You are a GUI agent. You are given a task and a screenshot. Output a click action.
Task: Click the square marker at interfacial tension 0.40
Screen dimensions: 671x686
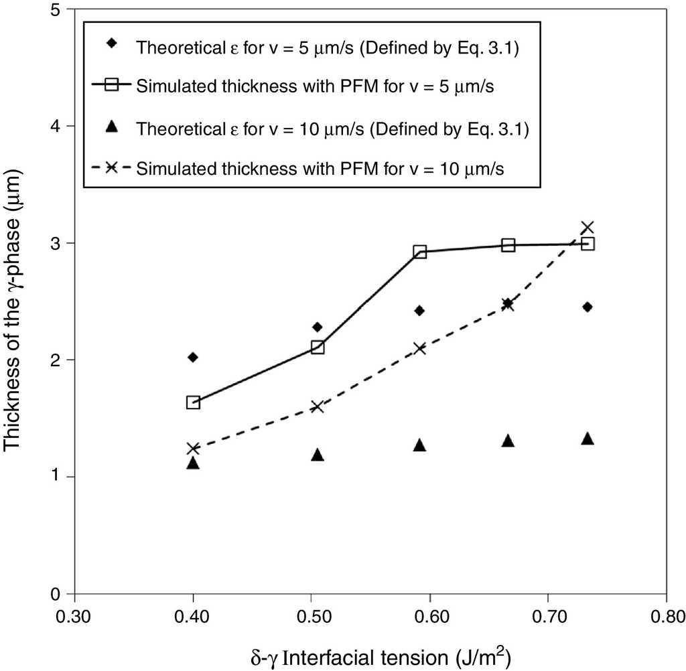pos(193,402)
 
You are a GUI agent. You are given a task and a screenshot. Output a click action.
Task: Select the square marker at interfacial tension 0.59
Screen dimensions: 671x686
pos(420,252)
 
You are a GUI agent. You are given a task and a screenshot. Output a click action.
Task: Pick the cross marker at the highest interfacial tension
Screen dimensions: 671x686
pos(588,228)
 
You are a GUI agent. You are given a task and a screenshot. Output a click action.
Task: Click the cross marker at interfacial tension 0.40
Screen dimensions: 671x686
pos(193,449)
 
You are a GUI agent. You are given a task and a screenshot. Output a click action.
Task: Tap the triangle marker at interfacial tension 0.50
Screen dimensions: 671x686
pos(318,455)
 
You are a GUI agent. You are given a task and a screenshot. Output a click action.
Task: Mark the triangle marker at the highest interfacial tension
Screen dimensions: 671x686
pos(588,439)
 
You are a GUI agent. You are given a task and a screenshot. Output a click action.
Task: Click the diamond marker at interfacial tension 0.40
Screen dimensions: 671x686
pos(193,357)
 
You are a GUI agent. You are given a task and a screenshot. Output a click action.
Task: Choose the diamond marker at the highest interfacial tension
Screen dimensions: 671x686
pos(588,307)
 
